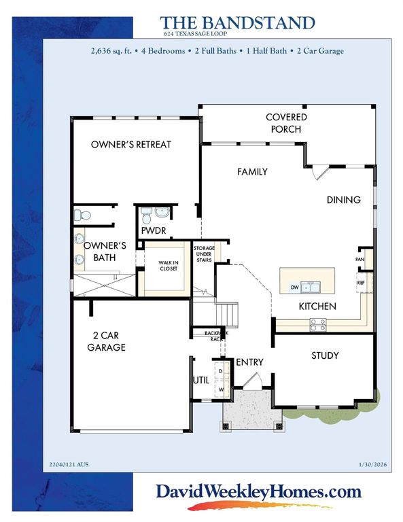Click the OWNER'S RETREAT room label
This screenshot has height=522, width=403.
[x=131, y=145]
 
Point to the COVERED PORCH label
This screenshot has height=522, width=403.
[x=286, y=123]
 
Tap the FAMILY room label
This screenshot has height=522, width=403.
[x=252, y=172]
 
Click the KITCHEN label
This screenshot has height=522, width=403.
[x=317, y=307]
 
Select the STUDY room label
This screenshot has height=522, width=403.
[x=325, y=355]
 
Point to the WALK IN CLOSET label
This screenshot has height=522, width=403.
[x=168, y=265]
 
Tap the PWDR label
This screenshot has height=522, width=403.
[x=154, y=231]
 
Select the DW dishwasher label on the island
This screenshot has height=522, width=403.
[x=294, y=287]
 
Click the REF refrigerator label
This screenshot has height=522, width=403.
[x=362, y=281]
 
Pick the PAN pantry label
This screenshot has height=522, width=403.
[x=362, y=259]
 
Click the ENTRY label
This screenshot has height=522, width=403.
[x=249, y=363]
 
